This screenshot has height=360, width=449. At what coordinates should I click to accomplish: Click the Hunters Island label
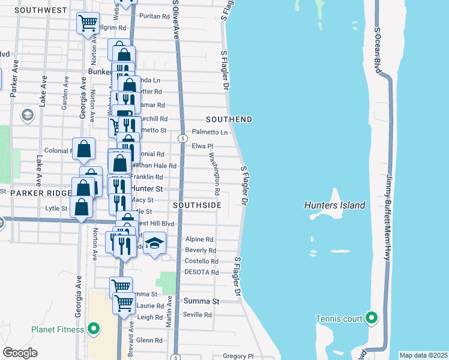(335, 205)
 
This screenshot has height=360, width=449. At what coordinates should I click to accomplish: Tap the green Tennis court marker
(372, 318)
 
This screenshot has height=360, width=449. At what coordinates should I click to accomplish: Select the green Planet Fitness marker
(94, 328)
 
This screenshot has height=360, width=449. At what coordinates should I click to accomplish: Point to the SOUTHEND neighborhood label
(229, 119)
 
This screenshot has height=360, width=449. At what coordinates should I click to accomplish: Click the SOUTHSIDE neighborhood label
(197, 205)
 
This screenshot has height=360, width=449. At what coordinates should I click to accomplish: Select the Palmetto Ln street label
(210, 132)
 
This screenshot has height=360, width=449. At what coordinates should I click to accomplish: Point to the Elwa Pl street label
(202, 146)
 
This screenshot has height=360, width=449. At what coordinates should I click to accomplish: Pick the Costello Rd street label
(201, 261)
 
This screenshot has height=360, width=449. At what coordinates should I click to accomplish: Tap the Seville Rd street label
(198, 314)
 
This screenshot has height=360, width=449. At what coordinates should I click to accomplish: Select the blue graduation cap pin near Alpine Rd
(154, 243)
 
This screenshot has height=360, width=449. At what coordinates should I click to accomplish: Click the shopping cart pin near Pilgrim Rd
(88, 23)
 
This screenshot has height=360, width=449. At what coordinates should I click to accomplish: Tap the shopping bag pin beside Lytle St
(82, 207)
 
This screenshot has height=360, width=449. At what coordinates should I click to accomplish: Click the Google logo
(20, 353)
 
